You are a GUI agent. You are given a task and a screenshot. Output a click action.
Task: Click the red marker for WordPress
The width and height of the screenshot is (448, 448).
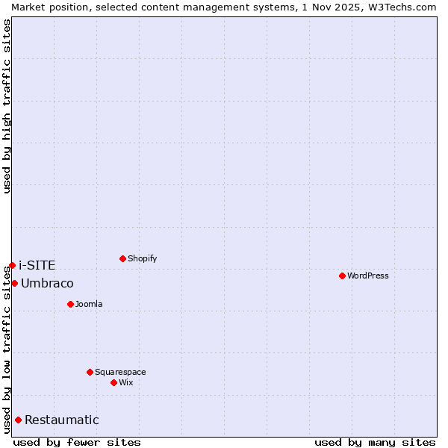342,276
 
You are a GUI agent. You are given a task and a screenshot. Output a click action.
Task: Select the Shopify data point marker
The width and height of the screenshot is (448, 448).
122,258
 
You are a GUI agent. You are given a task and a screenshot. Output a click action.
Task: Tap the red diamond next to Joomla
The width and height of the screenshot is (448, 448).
70,304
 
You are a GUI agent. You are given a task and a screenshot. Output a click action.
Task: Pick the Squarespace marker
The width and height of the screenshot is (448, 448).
90,372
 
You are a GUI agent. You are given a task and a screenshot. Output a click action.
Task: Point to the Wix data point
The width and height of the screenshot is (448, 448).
113,382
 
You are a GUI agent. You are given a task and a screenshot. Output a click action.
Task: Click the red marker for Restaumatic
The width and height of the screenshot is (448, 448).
18,420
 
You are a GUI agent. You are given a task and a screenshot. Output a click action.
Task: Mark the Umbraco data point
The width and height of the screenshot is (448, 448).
14,283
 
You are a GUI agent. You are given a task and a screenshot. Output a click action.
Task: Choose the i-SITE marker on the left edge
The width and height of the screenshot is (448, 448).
12,265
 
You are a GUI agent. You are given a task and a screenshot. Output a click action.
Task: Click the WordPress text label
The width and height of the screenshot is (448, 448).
368,276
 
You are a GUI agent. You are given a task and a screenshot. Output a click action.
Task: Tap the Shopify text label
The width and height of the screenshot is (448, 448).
143,258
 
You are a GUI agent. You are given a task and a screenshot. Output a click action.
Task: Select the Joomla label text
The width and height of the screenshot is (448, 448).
89,304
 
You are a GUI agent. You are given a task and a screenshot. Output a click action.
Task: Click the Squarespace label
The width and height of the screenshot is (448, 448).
120,372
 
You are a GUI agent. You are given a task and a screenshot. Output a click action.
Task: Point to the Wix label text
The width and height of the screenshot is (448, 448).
126,382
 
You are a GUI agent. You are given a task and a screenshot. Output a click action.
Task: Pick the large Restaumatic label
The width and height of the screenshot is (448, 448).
62,420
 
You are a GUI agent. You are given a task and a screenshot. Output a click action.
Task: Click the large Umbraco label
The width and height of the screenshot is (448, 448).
47,283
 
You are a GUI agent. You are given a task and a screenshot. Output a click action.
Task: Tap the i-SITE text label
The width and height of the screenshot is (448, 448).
37,265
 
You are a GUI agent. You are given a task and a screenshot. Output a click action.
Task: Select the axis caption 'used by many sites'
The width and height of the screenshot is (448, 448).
375,442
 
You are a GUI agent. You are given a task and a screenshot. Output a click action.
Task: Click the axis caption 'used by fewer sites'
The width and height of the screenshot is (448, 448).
77,442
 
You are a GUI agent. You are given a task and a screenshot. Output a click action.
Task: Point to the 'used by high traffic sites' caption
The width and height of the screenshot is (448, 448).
7,106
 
